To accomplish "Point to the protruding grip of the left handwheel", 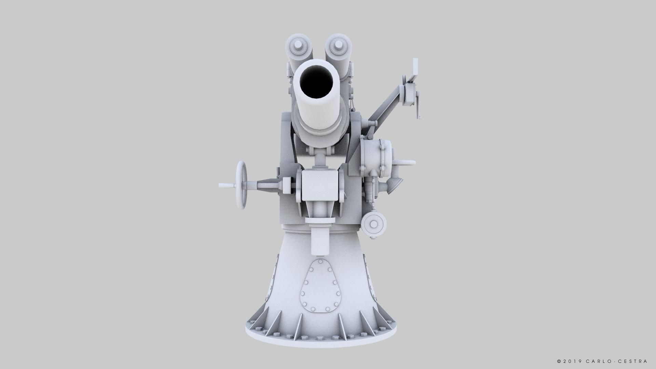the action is (227, 186).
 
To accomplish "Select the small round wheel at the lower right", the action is (374, 224).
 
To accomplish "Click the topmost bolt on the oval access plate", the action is (320, 262).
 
